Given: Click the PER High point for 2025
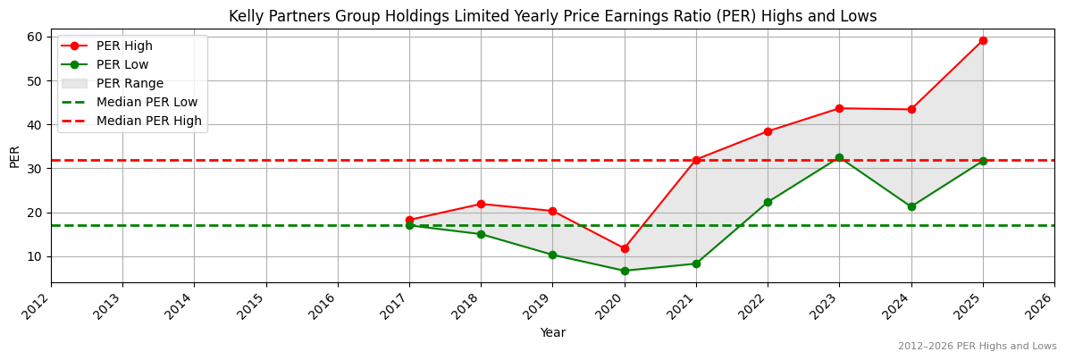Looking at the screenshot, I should pos(983,40).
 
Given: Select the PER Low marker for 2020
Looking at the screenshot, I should pos(625,271).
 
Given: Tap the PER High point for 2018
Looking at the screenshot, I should pos(481,204).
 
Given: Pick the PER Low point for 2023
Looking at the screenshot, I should pos(839,157).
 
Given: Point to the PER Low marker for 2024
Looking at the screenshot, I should pos(911,206).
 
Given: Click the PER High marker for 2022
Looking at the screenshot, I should pos(768,131).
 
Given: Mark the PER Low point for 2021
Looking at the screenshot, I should pos(696,264).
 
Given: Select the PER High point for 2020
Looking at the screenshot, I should pos(625,248).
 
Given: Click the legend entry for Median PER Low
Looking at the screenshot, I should pos(147,102).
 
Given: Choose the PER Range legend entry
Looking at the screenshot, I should pos(130,83).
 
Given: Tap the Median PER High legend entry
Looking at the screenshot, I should pos(148,121).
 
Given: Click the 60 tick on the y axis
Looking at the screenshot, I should pos(35,37).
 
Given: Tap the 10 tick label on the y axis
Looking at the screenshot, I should pos(35,256).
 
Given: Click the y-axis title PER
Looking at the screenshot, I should pos(14,155).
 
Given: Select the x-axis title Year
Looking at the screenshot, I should pos(552,332).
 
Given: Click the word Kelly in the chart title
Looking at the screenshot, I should pos(245,16).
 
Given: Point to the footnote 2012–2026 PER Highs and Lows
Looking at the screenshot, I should pos(977,346).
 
